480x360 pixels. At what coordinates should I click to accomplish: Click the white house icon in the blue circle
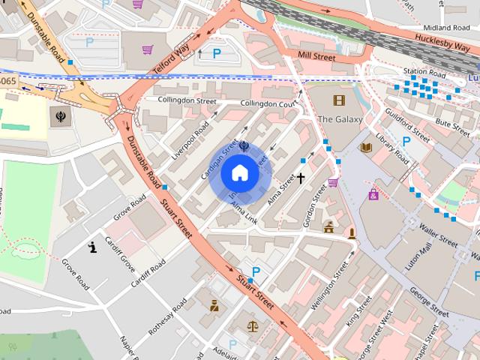(239, 172)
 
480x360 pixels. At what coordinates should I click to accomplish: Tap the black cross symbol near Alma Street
(301, 178)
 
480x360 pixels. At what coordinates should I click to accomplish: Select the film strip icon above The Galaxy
(339, 100)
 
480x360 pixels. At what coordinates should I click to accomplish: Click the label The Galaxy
(340, 119)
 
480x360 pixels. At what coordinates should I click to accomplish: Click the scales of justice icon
(253, 327)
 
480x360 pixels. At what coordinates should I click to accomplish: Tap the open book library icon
(366, 148)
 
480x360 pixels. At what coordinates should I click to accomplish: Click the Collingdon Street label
(186, 100)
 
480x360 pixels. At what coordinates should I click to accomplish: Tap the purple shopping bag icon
(373, 195)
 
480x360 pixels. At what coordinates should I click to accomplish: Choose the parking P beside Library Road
(406, 140)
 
